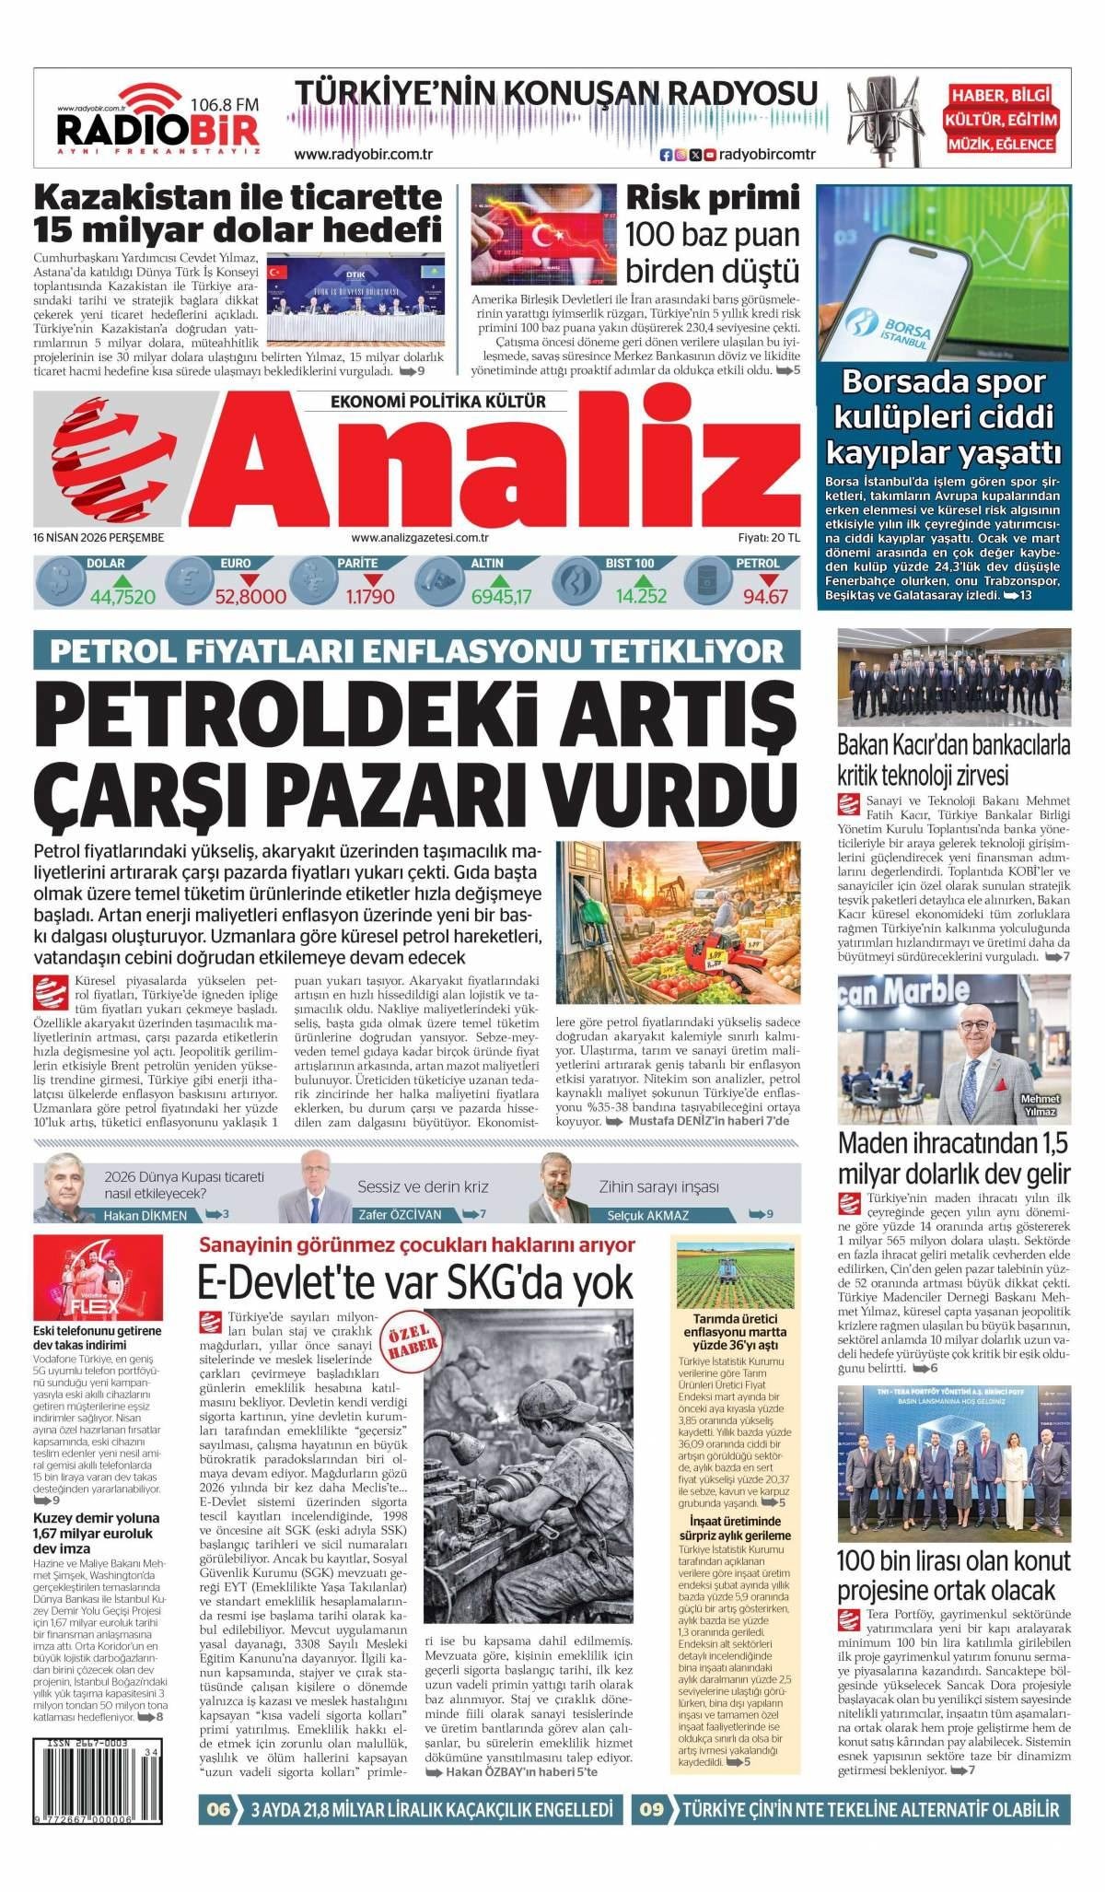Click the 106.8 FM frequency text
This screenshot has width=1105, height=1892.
pos(224,105)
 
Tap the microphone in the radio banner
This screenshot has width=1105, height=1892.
pos(878,120)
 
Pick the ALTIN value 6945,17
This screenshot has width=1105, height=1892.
pos(501,597)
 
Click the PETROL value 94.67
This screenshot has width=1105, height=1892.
pos(766,597)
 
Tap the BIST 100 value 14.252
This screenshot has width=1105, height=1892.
pos(641,597)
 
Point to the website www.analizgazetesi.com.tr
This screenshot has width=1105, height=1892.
pos(419,538)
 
